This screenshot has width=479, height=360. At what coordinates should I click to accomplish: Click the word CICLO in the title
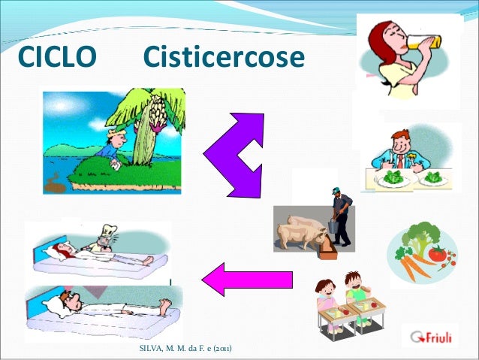click(x=57, y=56)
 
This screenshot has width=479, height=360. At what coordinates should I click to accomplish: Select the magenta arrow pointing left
click(x=247, y=278)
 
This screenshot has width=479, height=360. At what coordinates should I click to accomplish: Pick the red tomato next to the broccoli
click(x=438, y=254)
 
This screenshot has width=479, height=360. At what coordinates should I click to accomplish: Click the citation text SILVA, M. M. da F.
click(x=185, y=349)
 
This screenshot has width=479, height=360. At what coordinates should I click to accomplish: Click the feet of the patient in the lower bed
click(x=164, y=304)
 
